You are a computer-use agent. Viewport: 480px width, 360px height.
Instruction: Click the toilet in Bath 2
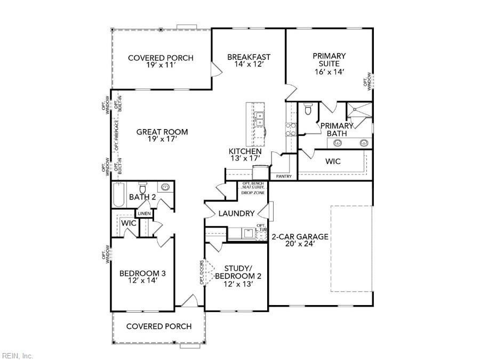tap(143, 189)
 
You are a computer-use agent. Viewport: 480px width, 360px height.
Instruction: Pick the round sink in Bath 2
tap(166, 187)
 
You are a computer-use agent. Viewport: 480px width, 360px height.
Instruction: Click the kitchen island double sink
tap(260, 119)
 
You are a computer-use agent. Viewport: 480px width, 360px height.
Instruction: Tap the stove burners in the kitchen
tap(291, 130)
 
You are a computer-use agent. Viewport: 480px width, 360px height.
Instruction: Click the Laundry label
tap(236, 213)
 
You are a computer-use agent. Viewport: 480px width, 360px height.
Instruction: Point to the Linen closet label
tap(145, 214)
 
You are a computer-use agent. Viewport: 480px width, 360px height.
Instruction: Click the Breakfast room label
tap(249, 57)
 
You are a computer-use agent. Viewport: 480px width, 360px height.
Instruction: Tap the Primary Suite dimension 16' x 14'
tap(329, 71)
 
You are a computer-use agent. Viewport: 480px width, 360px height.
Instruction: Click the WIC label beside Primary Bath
tap(333, 161)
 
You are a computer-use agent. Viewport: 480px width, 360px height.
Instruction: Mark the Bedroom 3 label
tap(142, 274)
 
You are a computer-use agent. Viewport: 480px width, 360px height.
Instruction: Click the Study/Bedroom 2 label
tap(237, 276)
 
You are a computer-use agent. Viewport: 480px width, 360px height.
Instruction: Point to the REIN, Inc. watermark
tap(18, 355)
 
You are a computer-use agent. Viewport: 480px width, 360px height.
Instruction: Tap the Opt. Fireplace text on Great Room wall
tap(117, 138)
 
